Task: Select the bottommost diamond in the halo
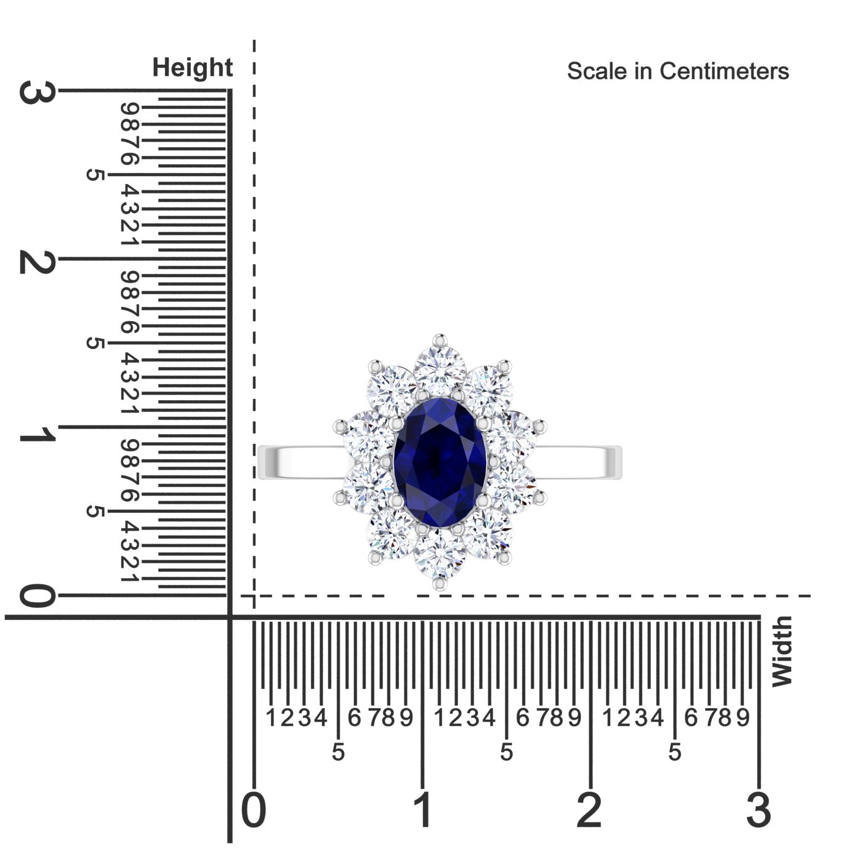(x=440, y=553)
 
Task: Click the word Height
(x=192, y=68)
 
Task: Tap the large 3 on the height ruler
(x=37, y=92)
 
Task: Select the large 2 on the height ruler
(x=37, y=262)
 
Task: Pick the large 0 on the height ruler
(x=38, y=598)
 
